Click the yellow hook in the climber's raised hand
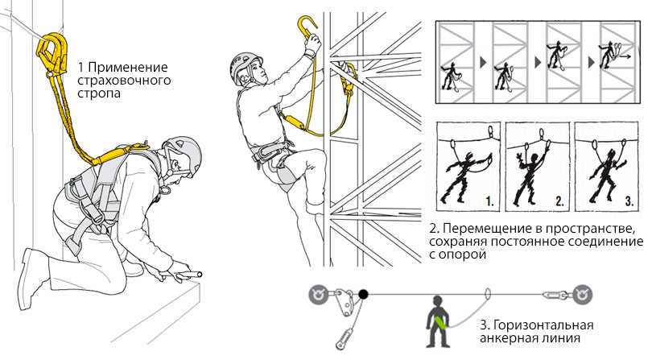click(307, 27)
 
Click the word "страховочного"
click(123, 81)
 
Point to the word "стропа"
click(99, 93)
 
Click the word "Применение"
click(128, 68)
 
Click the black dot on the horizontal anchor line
click(363, 295)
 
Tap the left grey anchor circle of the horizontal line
click(319, 295)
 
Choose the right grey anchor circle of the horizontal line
click(582, 295)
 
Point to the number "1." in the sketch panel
click(490, 202)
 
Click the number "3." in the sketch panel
click(629, 202)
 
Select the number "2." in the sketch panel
click(559, 202)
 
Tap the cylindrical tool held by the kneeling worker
click(192, 275)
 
